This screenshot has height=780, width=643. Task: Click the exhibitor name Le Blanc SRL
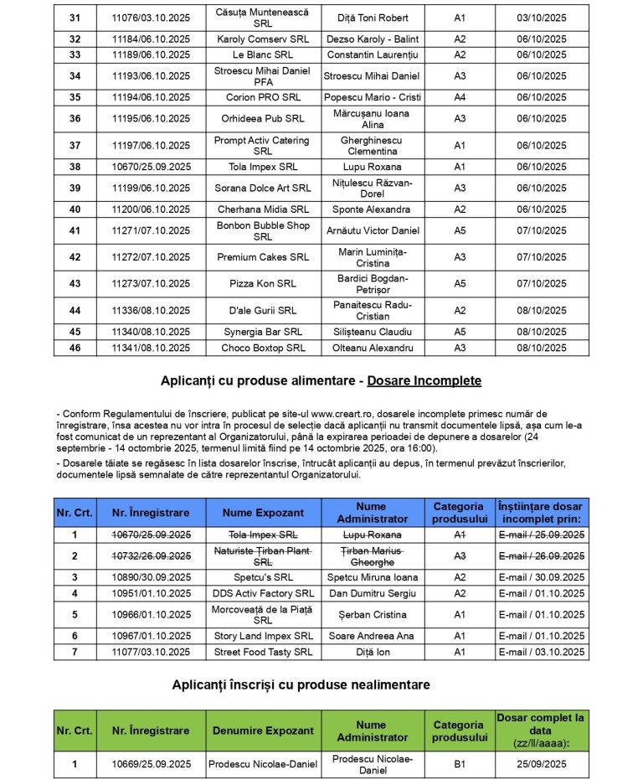click(x=262, y=54)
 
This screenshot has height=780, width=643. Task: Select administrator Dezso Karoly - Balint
click(x=372, y=39)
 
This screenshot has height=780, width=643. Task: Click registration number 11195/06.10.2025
click(x=151, y=118)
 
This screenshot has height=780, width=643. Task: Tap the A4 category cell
click(x=460, y=97)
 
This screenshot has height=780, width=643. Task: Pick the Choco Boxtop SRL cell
click(x=262, y=348)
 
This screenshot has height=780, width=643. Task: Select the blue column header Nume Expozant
click(x=262, y=513)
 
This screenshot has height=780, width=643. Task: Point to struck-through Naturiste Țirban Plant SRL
click(x=262, y=555)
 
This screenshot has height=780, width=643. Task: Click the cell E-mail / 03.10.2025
click(x=541, y=652)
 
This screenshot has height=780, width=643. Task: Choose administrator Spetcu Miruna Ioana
click(x=372, y=577)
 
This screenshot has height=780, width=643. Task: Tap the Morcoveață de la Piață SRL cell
click(x=262, y=614)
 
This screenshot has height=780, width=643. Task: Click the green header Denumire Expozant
click(x=262, y=731)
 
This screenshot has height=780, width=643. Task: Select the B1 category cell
click(x=460, y=763)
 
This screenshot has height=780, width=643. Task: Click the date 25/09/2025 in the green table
click(x=541, y=763)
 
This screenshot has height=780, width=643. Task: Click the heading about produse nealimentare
click(x=301, y=684)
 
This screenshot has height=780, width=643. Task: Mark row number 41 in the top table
click(x=75, y=230)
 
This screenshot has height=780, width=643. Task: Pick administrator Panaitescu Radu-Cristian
click(x=372, y=310)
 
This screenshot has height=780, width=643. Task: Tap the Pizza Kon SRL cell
click(x=262, y=283)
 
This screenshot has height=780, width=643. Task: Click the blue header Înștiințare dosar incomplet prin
click(x=541, y=513)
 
